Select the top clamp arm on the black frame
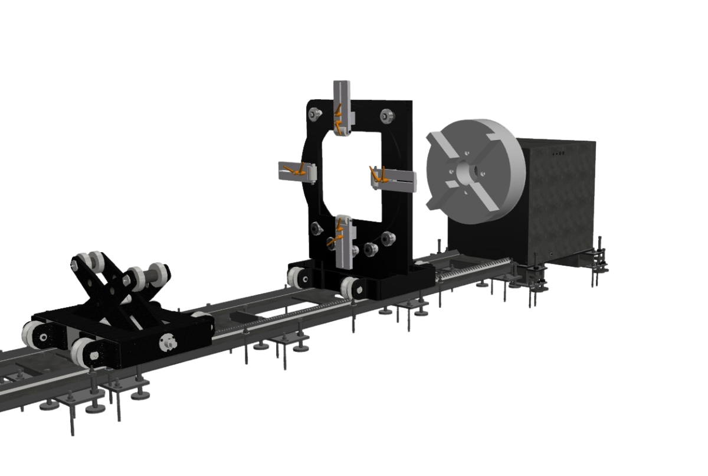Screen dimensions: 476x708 (342, 106)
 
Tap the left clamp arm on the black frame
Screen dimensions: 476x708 (298, 171)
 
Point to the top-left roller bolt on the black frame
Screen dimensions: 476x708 (313, 113)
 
